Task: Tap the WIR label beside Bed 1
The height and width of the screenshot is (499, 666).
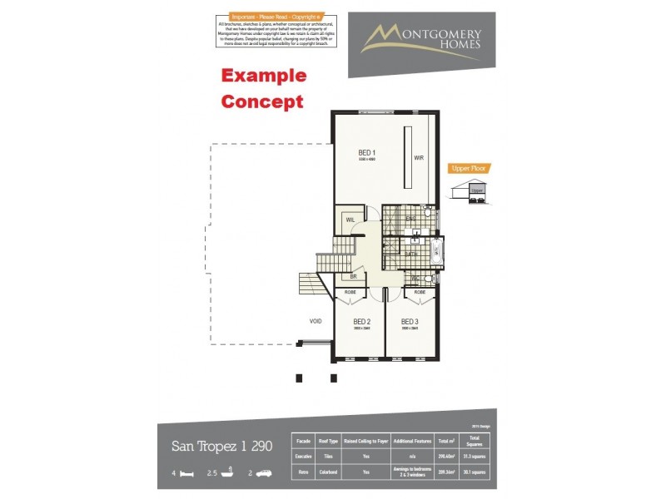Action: [x=420, y=156]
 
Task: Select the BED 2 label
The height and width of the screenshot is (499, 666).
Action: [x=361, y=321]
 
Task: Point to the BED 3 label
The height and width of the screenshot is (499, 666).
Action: [x=409, y=321]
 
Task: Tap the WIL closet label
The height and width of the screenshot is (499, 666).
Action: [x=350, y=220]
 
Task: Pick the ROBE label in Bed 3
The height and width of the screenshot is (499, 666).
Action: [x=420, y=293]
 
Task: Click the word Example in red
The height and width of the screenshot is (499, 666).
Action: [x=263, y=76]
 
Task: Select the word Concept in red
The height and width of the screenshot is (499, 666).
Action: [x=261, y=102]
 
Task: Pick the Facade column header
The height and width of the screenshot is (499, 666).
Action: [x=303, y=442]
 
